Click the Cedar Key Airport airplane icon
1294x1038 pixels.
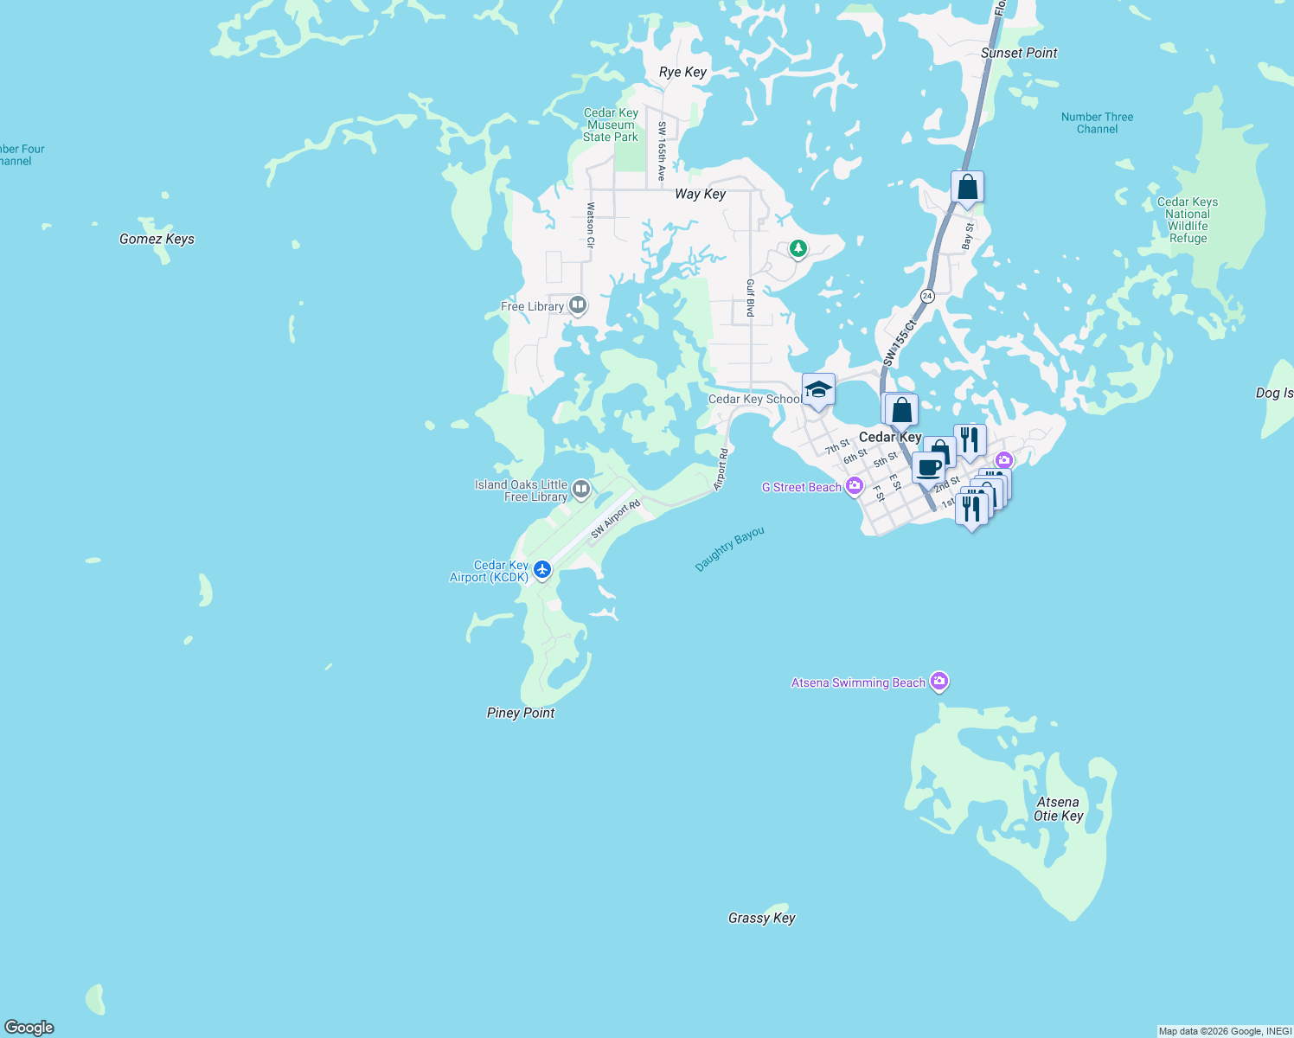pyautogui.click(x=542, y=569)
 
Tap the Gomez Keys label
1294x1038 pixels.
pyautogui.click(x=157, y=239)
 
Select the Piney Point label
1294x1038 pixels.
pyautogui.click(x=521, y=713)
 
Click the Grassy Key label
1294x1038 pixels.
pyautogui.click(x=761, y=918)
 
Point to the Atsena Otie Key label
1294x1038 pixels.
pyautogui.click(x=1058, y=809)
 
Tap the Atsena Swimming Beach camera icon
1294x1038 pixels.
pyautogui.click(x=939, y=682)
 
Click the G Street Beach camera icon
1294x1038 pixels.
pyautogui.click(x=855, y=486)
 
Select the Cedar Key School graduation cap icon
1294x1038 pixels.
pyautogui.click(x=818, y=390)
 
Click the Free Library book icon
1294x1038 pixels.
pyautogui.click(x=578, y=305)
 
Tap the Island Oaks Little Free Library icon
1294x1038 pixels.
pyautogui.click(x=581, y=490)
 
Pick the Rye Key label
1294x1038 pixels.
pyautogui.click(x=682, y=72)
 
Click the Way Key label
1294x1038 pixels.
pyautogui.click(x=700, y=194)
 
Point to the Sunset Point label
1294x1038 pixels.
pyautogui.click(x=1019, y=53)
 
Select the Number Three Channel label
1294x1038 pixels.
pyautogui.click(x=1097, y=123)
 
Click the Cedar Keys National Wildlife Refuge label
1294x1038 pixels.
pyautogui.click(x=1188, y=220)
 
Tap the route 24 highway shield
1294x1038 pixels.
pyautogui.click(x=927, y=296)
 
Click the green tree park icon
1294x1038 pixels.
pyautogui.click(x=798, y=249)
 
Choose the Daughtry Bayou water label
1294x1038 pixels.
pyautogui.click(x=730, y=549)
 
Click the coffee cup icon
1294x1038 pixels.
pyautogui.click(x=929, y=468)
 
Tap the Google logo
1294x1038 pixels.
pyautogui.click(x=29, y=1027)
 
